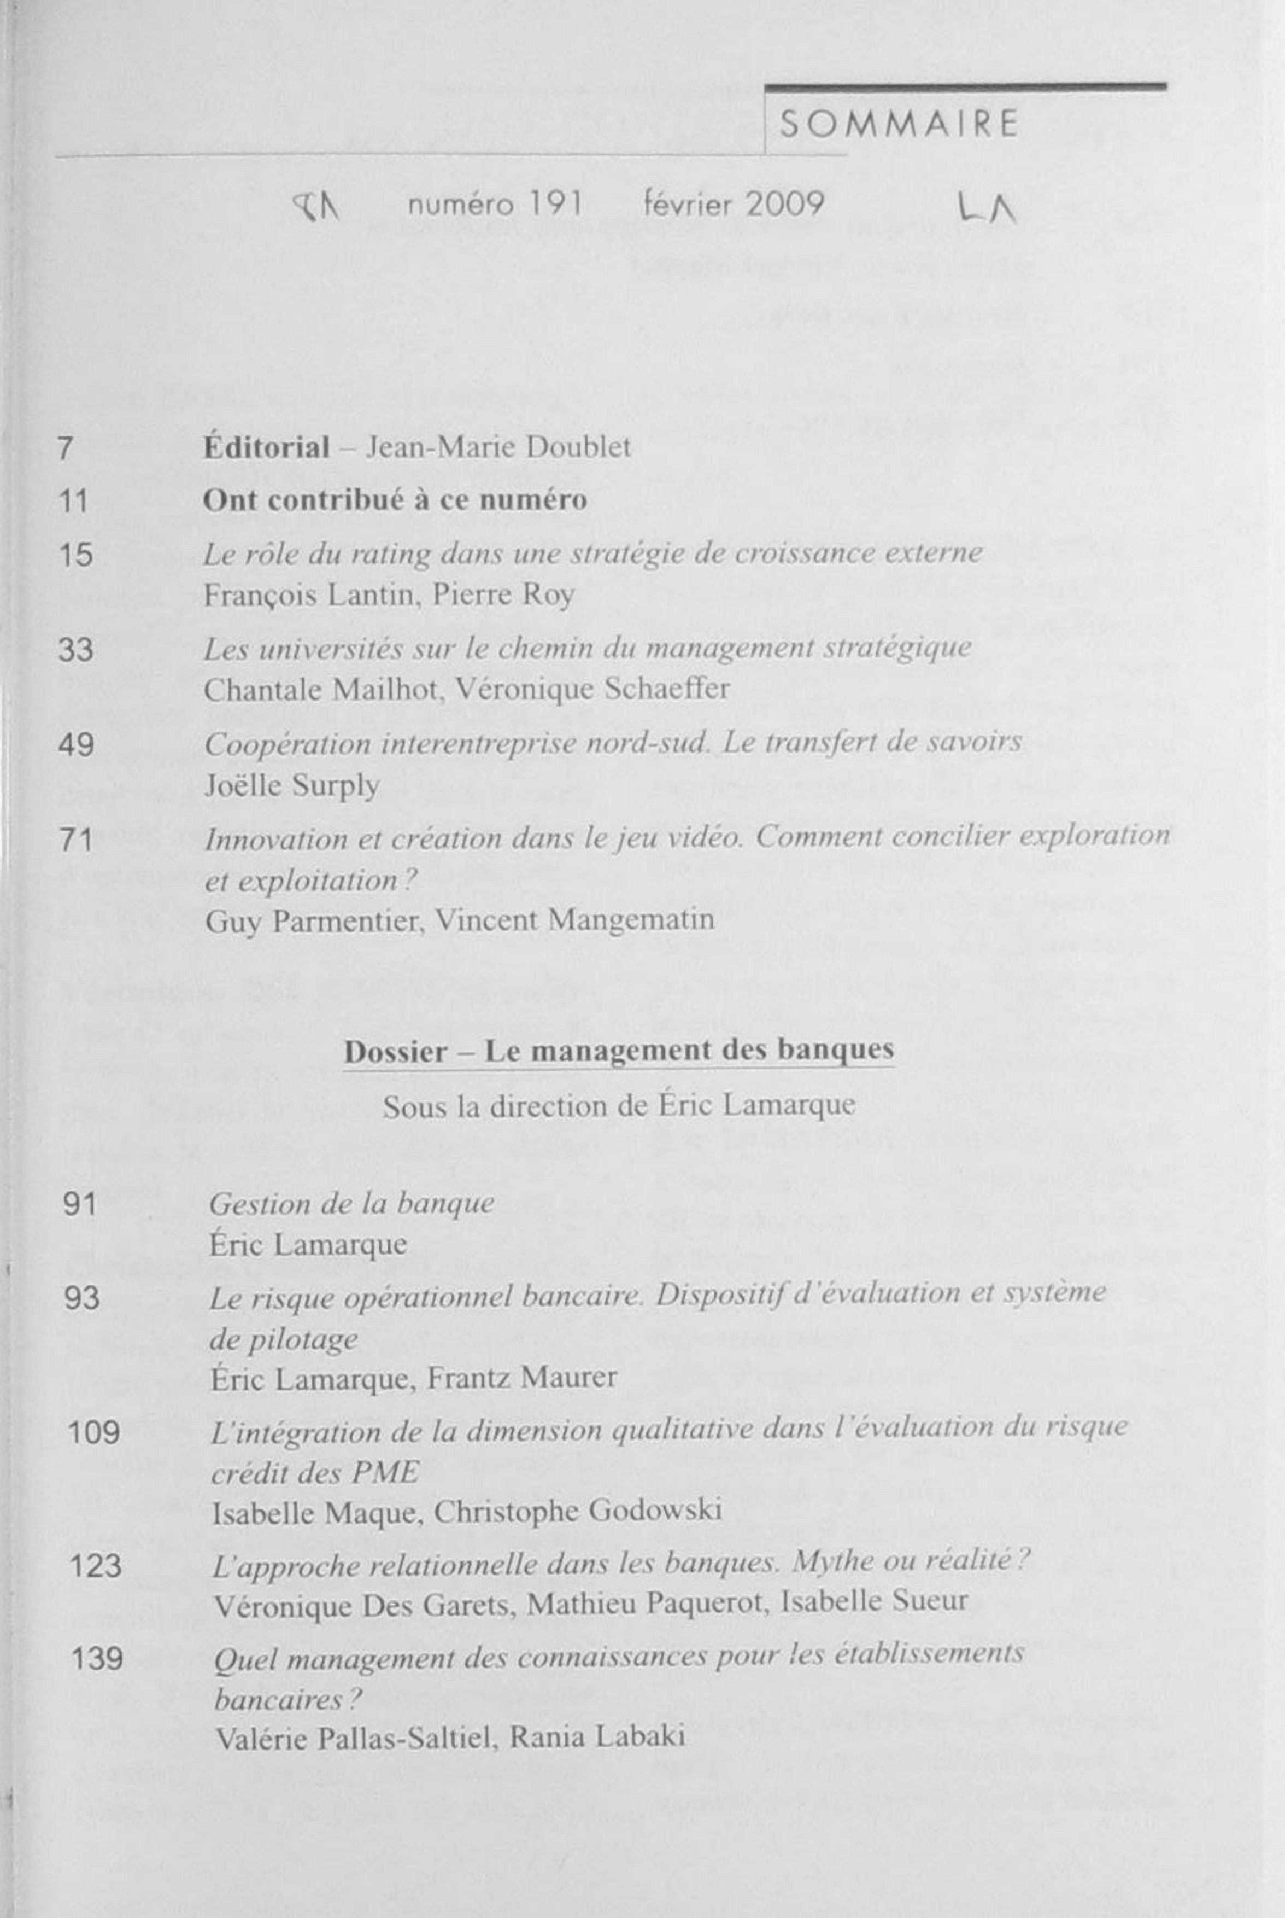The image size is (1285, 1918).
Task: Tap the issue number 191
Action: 554,203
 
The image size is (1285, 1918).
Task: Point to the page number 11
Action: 74,501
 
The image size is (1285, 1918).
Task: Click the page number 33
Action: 75,650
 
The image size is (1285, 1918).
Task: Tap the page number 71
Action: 75,840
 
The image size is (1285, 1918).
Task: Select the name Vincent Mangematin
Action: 574,920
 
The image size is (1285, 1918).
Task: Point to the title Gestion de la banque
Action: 351,1203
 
